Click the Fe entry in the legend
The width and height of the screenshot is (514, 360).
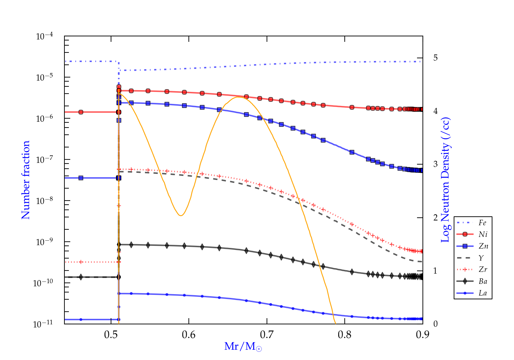click(x=482, y=223)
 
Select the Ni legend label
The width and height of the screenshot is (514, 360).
click(x=483, y=235)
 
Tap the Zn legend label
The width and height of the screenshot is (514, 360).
click(x=483, y=246)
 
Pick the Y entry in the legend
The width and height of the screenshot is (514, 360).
click(x=481, y=258)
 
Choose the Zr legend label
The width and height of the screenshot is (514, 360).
click(x=483, y=269)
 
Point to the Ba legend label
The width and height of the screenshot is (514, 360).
click(x=483, y=281)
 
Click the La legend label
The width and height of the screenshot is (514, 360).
click(x=482, y=293)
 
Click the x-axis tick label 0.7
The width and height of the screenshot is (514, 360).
click(x=267, y=335)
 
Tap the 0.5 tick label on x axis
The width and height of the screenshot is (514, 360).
click(x=111, y=335)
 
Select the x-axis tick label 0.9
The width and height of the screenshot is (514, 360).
click(x=423, y=335)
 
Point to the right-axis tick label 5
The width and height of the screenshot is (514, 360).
click(x=435, y=58)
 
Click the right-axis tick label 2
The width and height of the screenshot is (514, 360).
click(x=435, y=218)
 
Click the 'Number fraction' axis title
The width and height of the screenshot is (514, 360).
click(x=26, y=180)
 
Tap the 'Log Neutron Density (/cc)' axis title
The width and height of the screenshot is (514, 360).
click(x=445, y=180)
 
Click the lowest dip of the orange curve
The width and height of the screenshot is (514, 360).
click(x=181, y=215)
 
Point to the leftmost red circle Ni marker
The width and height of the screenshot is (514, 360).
click(x=81, y=112)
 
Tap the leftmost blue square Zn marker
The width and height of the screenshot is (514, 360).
click(x=81, y=178)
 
